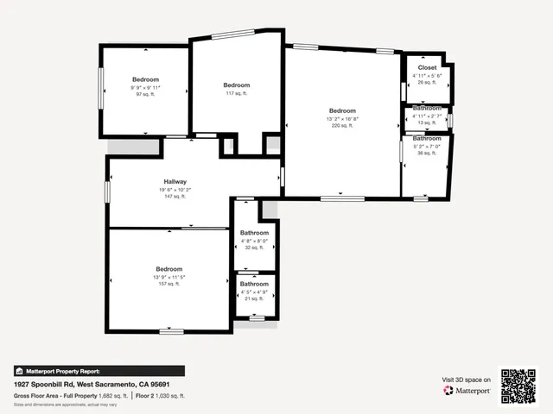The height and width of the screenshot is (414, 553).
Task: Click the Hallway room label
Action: coord(175,182)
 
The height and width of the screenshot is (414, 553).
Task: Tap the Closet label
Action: coord(427,67)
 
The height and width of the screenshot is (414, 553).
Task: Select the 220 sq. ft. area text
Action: coord(342,126)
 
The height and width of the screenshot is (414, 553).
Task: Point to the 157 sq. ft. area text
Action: coord(168,284)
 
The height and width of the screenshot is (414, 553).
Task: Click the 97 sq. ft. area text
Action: coord(145,95)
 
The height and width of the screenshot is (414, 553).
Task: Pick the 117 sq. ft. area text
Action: coord(236,93)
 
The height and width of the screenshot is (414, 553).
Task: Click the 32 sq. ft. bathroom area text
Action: coord(254,248)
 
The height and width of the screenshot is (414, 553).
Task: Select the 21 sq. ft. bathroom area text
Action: coord(254,298)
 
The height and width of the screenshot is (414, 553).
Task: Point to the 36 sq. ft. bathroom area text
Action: coord(427,154)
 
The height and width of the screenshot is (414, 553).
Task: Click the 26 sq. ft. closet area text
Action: coord(427,83)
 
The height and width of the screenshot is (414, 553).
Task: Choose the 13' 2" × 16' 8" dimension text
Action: coord(342,118)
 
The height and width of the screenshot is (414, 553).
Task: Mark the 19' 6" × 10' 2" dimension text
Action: coord(175,190)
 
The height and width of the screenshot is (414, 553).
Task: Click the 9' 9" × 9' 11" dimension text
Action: coord(145,87)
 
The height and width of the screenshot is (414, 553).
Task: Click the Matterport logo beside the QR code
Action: coord(467,391)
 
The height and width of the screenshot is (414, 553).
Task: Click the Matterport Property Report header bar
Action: coord(99,371)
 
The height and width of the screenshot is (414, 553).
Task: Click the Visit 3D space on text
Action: coord(467,379)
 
